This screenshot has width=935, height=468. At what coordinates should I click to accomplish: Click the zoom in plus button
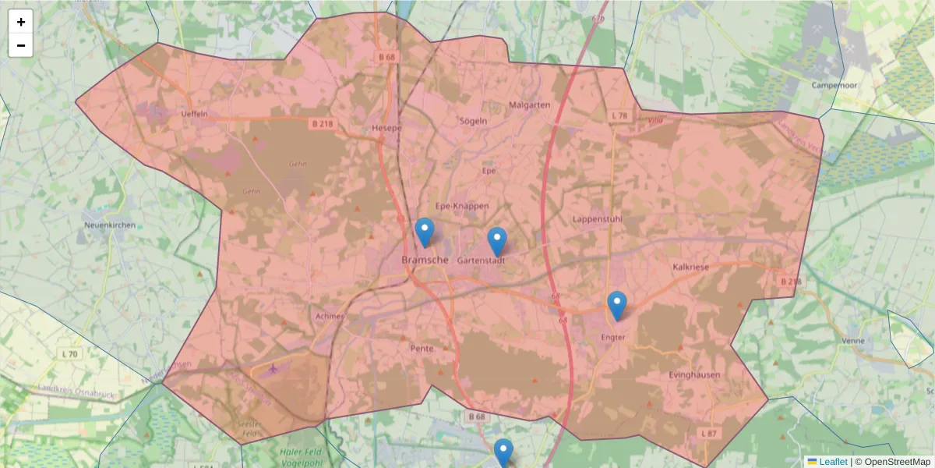pos(21,22)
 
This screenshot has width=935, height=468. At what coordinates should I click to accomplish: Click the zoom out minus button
pos(21,45)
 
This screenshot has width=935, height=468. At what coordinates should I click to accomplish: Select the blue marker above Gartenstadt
pos(497,241)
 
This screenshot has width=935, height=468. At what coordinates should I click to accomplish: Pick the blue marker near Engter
pos(617,305)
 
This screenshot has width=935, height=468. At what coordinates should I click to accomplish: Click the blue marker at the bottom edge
pos(503,453)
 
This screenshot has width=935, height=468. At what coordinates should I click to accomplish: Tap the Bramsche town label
pos(425,260)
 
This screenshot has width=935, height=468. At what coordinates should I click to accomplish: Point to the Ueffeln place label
pos(193,114)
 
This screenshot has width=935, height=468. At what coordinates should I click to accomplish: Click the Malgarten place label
pos(529,105)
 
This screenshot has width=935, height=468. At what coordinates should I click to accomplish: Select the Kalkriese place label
pos(690,268)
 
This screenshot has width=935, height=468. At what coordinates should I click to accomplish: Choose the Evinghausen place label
pos(694,375)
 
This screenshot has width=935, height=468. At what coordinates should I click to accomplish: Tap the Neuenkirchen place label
pos(110,225)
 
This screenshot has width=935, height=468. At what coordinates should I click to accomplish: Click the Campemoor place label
pos(834,84)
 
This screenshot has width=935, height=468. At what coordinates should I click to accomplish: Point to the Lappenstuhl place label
pos(597,219)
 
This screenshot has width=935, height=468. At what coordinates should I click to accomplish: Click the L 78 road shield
pos(619,115)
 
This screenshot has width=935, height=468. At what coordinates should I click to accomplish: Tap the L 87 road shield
pos(707,433)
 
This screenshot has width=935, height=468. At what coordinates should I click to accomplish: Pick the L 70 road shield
pos(69,354)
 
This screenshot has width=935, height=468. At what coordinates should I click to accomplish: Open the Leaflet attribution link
pos(833,462)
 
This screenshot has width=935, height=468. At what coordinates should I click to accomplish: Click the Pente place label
pos(421,349)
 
